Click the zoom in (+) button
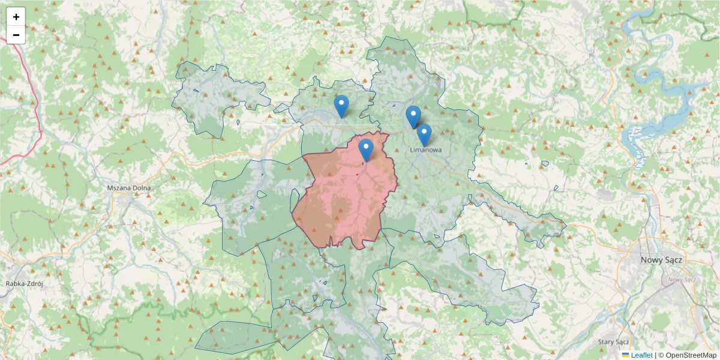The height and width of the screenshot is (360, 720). (16, 17)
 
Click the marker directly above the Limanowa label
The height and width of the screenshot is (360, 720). (424, 135)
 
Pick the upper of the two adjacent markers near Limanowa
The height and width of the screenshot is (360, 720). (413, 116)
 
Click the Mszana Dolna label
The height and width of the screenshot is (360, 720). (129, 188)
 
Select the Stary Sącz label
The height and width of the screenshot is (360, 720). (613, 341)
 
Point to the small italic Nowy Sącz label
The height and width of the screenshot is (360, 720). (681, 280)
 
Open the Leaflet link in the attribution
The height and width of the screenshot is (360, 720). (641, 355)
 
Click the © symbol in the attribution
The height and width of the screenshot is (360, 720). (661, 355)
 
